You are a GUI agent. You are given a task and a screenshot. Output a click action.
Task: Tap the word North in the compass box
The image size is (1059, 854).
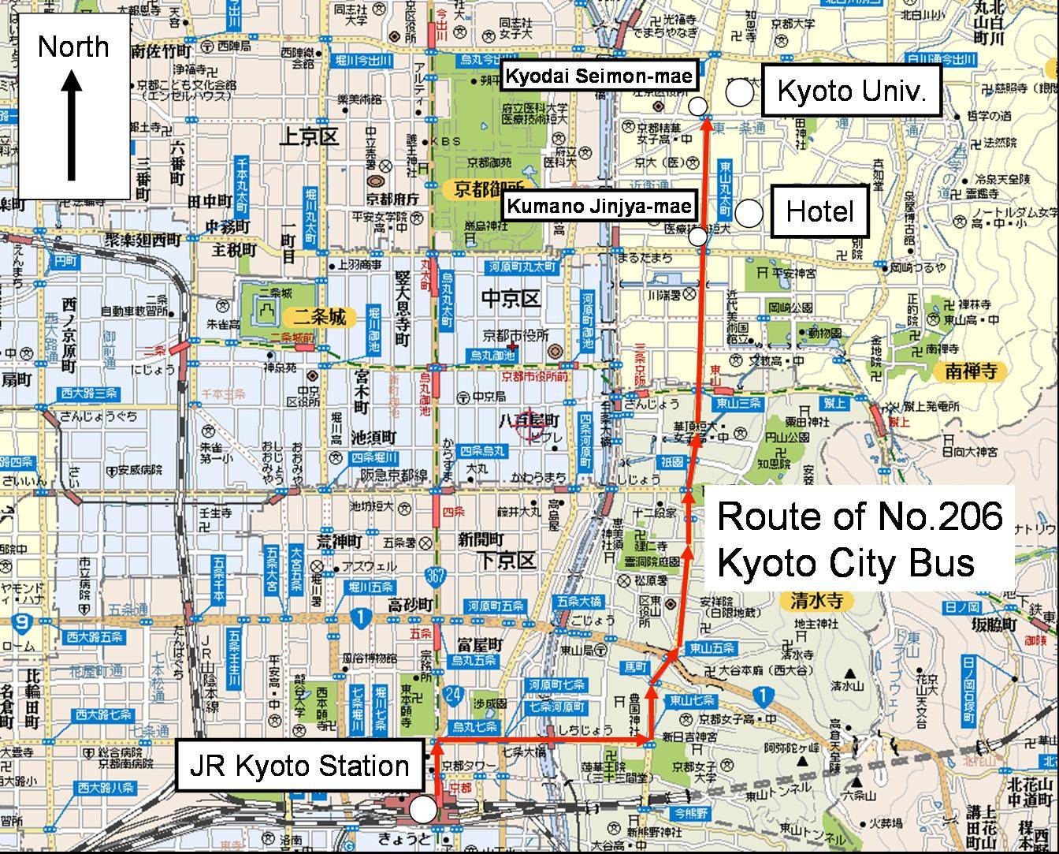tap(73, 47)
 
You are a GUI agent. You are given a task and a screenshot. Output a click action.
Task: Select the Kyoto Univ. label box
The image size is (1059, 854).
tap(851, 91)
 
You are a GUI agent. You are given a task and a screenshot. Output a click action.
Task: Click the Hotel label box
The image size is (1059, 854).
tap(819, 211)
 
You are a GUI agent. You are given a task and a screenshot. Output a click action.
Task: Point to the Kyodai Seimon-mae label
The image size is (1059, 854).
tap(599, 76)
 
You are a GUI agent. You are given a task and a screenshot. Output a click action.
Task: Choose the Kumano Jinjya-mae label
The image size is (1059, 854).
tap(599, 207)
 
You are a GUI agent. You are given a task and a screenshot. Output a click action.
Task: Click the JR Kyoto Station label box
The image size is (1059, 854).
tap(299, 766)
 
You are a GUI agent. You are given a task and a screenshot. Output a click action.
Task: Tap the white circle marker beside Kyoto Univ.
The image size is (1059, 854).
tap(739, 93)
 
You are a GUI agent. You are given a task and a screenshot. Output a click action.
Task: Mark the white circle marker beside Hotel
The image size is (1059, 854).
tap(749, 212)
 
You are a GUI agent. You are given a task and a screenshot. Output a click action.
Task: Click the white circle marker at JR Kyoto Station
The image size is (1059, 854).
tap(423, 809)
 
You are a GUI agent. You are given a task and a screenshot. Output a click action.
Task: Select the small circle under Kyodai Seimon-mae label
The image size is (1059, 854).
tap(697, 106)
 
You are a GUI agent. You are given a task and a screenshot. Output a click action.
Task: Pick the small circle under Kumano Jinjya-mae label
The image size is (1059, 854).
tap(697, 235)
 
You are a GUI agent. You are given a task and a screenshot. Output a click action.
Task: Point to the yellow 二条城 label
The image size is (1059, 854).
tap(316, 318)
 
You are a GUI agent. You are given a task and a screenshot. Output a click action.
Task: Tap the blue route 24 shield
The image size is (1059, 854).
tap(452, 696)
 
